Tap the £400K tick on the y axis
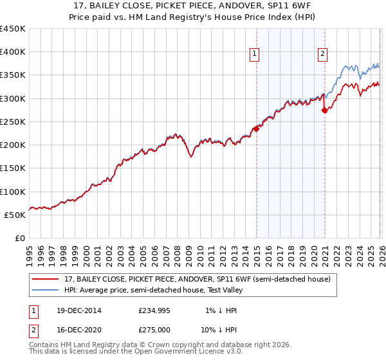pyautogui.click(x=13, y=52)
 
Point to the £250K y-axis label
pyautogui.click(x=13, y=122)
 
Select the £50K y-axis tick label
pyautogui.click(x=15, y=215)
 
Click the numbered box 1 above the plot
pyautogui.click(x=255, y=54)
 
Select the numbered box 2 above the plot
pyautogui.click(x=322, y=54)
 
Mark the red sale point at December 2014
pyautogui.click(x=256, y=129)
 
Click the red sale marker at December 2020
pyautogui.click(x=324, y=111)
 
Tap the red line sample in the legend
pyautogui.click(x=46, y=279)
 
